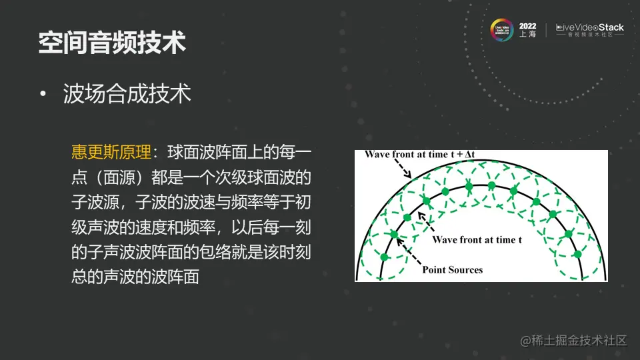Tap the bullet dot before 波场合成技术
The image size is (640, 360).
43,95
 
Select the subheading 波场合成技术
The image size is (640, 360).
127,94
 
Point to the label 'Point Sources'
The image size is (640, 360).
452,270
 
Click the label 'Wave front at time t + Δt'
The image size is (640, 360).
419,155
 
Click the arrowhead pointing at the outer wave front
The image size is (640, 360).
409,176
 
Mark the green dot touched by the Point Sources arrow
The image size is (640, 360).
394,234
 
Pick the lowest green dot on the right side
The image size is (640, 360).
578,254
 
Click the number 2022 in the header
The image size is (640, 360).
527,25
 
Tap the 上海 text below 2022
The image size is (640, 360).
527,35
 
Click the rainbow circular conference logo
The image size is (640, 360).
501,30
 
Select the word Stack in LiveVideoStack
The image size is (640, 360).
607,27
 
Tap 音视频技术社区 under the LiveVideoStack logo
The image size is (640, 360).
589,36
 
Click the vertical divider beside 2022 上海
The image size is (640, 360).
547,30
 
